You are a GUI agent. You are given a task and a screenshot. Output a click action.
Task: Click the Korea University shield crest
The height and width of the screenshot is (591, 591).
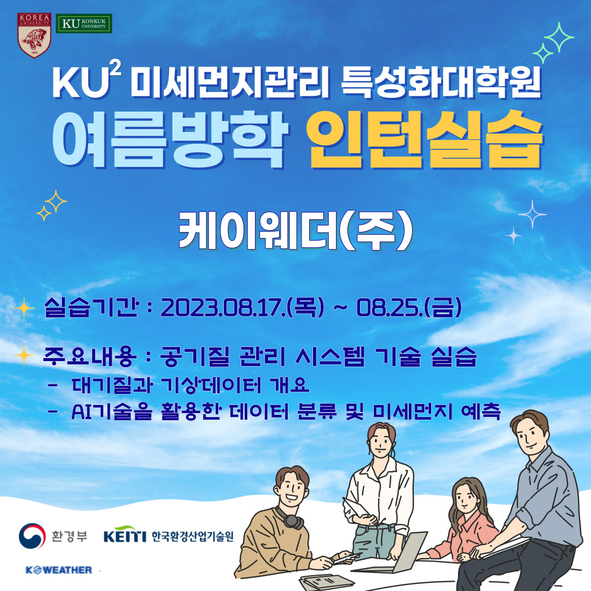click(34, 36)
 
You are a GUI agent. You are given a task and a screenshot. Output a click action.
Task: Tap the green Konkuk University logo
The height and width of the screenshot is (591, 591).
click(84, 24)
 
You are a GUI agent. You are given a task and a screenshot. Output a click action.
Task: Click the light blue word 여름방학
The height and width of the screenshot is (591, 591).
click(170, 140)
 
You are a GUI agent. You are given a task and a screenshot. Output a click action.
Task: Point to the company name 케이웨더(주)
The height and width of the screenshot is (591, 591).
click(296, 230)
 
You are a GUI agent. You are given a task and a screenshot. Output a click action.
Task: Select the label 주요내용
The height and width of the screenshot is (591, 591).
click(89, 357)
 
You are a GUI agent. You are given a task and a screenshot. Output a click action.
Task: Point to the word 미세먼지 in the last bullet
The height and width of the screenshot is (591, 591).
click(413, 411)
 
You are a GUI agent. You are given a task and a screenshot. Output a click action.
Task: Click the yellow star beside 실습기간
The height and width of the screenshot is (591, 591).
click(24, 308)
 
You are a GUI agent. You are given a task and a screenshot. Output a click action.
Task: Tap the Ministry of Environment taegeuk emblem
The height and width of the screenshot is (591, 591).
click(32, 536)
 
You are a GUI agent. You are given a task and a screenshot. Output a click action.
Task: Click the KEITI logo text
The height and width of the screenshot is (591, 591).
click(125, 535)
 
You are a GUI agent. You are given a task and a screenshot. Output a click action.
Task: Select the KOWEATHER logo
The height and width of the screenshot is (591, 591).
click(59, 570)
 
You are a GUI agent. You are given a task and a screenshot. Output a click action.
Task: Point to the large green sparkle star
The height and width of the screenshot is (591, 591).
click(559, 37)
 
